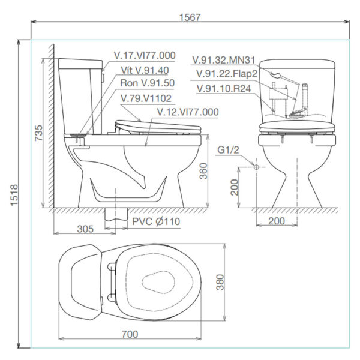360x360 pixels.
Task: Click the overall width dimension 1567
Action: pos(190,17)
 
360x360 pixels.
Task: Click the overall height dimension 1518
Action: pos(14,194)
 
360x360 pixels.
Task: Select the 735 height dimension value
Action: pos(38,133)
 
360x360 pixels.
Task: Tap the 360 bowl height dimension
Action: pos(203,171)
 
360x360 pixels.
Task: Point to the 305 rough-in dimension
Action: pos(85,229)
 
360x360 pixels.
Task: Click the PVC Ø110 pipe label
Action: pos(156,221)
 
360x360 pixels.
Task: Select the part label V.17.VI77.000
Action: pos(145,55)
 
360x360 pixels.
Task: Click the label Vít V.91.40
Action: pos(145,70)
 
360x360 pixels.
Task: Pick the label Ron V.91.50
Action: pos(148,83)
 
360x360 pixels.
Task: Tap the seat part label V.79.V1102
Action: pos(146,98)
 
